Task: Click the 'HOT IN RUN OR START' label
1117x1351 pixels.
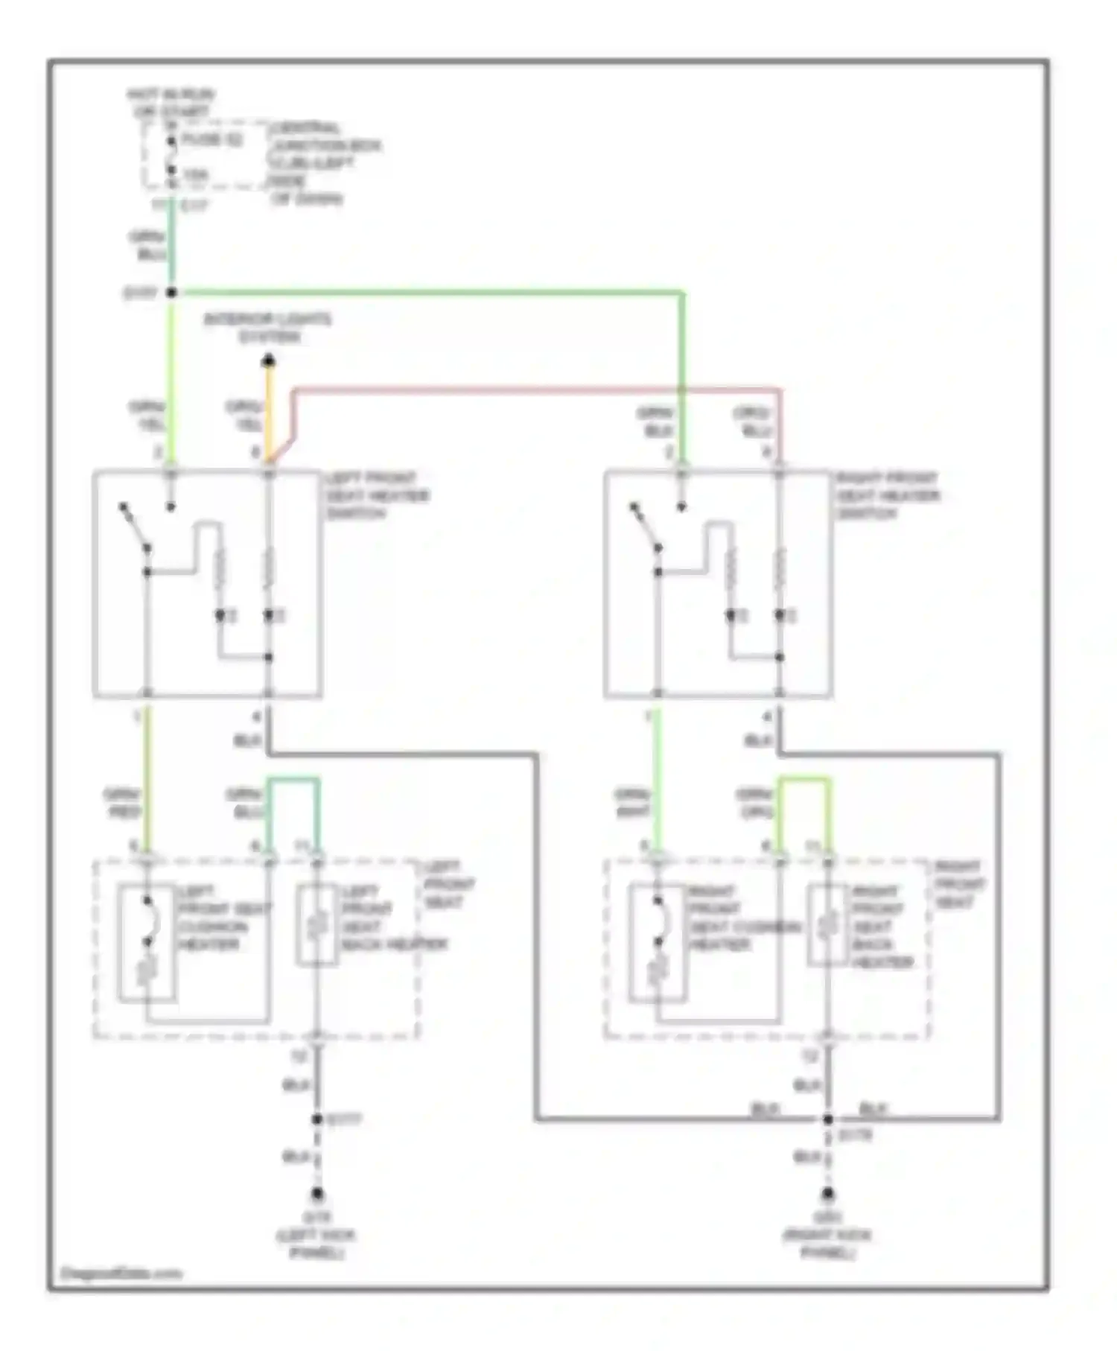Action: pyautogui.click(x=171, y=103)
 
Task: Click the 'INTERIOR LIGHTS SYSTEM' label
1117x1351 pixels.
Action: pyautogui.click(x=268, y=328)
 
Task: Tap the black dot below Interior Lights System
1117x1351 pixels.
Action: pyautogui.click(x=269, y=362)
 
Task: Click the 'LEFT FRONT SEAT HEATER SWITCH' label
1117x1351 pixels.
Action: pyautogui.click(x=377, y=495)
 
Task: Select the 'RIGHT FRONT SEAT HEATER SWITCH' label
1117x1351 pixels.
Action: pyautogui.click(x=887, y=495)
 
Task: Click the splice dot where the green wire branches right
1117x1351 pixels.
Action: pyautogui.click(x=171, y=293)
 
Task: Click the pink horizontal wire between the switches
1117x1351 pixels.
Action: pyautogui.click(x=536, y=389)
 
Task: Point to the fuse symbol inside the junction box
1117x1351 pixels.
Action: pyautogui.click(x=171, y=155)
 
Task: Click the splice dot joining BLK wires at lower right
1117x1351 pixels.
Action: pyautogui.click(x=827, y=1119)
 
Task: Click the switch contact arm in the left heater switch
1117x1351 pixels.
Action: pyautogui.click(x=135, y=527)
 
